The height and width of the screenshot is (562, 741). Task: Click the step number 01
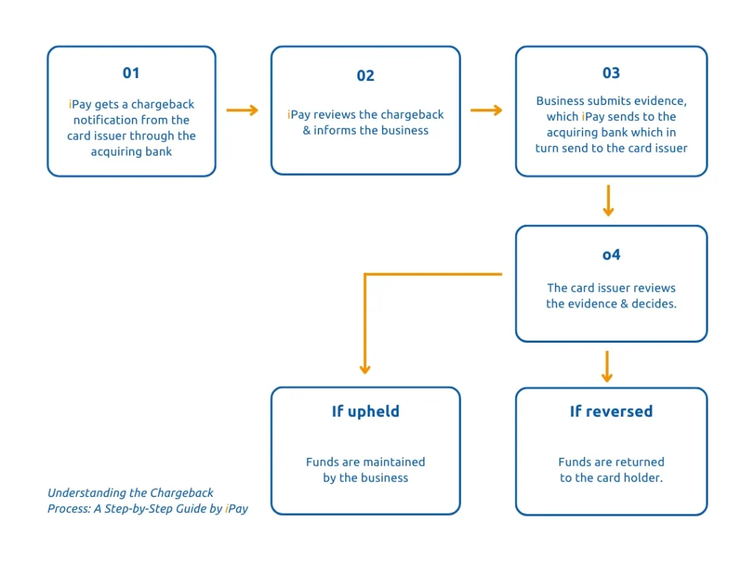tap(131, 73)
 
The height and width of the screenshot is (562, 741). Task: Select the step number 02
tap(365, 76)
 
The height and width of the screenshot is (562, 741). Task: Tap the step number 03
tap(611, 73)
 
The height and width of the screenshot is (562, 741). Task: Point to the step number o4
tap(611, 255)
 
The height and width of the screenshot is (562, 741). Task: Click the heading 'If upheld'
tap(365, 412)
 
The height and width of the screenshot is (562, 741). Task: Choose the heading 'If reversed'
tap(611, 412)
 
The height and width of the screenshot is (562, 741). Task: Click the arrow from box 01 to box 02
tap(242, 110)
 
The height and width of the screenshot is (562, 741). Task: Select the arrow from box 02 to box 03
tap(486, 110)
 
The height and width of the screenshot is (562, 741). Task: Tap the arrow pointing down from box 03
tap(608, 200)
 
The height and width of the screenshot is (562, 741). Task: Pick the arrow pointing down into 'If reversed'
tap(607, 367)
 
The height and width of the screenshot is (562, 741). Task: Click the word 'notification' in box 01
tap(106, 120)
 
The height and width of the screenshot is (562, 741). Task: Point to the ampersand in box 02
tap(307, 131)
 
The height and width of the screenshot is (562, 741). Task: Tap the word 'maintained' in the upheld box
tap(396, 462)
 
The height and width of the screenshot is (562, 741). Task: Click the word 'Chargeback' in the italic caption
tap(182, 493)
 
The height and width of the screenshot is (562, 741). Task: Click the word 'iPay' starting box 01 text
tap(80, 105)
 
